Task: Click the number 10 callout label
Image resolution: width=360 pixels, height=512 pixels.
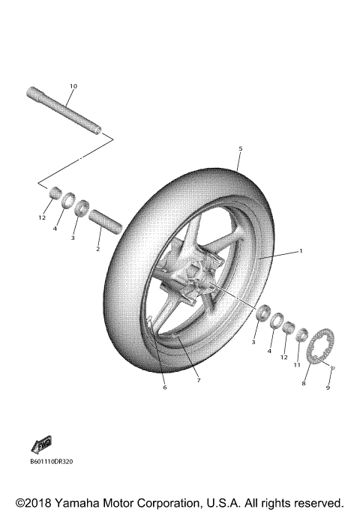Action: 73,86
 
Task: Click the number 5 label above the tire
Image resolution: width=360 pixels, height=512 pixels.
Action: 240,149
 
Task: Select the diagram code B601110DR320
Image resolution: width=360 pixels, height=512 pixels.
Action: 52,462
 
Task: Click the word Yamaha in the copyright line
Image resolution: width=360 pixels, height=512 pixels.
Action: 87,502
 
